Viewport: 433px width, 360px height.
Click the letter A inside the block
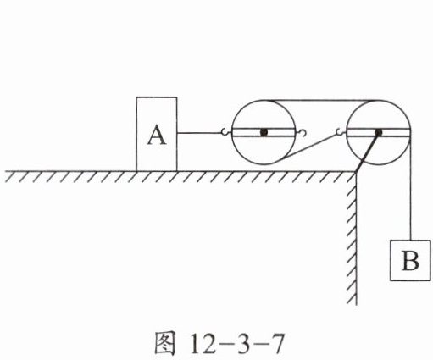coord(157,136)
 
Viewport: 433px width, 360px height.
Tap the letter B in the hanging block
coord(410,260)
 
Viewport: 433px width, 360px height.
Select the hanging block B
coord(410,260)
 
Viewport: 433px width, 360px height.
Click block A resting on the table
coord(157,134)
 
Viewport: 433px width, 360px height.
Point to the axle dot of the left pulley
coord(264,132)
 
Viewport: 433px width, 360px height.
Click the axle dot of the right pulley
coord(379,132)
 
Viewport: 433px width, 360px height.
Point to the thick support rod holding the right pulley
coord(367,152)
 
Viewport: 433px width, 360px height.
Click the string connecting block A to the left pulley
coord(199,133)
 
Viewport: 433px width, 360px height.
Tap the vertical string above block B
coord(411,188)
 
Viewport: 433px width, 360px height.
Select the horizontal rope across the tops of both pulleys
coord(321,100)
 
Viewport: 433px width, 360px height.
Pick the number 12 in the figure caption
coord(203,343)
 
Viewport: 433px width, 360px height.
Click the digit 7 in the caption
coord(276,343)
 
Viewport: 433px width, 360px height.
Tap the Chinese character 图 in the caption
coord(165,343)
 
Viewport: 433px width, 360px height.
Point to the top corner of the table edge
coord(356,172)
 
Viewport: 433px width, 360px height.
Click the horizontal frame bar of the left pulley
coord(264,132)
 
